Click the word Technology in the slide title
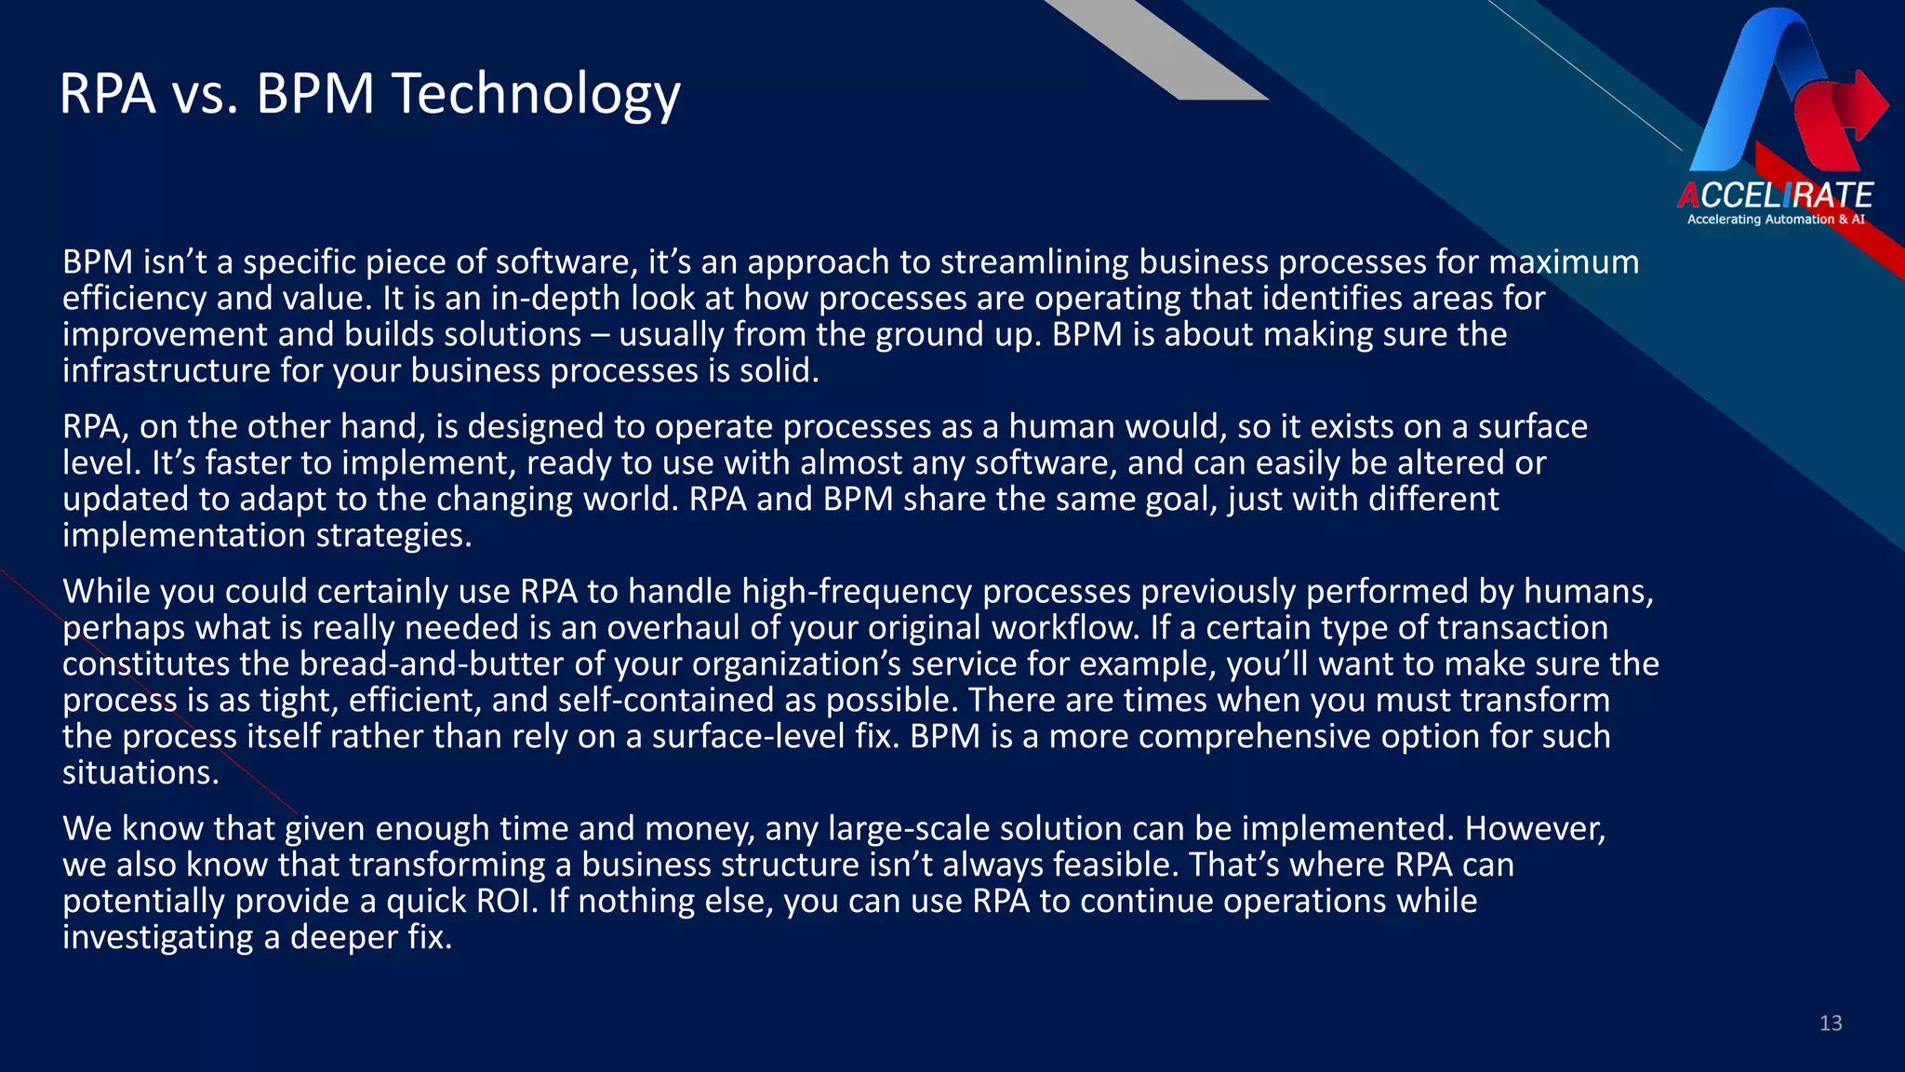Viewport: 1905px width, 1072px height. pyautogui.click(x=536, y=95)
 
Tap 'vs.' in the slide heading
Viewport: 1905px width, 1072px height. pyautogui.click(x=206, y=95)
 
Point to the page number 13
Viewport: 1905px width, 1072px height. pyautogui.click(x=1831, y=1024)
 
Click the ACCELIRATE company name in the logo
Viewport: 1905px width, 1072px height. pyautogui.click(x=1775, y=195)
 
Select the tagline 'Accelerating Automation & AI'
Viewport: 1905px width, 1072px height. pyautogui.click(x=1775, y=220)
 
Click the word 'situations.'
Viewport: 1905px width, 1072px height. pyautogui.click(x=140, y=773)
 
